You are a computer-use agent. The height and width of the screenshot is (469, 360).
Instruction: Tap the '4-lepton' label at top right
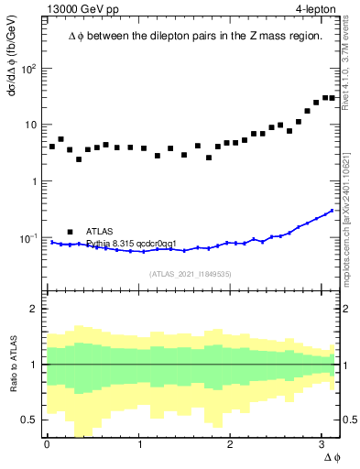coord(316,10)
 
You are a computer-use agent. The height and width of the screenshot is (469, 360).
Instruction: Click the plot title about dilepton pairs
coord(195,36)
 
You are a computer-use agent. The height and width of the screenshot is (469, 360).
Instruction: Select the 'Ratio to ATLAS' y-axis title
coord(13,365)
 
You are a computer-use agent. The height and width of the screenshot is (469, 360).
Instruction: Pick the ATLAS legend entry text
coord(102,232)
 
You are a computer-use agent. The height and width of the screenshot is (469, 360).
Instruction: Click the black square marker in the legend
coord(70,232)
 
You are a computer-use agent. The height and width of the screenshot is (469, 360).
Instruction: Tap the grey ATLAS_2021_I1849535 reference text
coord(191,273)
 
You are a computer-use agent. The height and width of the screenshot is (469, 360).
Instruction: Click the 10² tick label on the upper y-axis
coord(29,69)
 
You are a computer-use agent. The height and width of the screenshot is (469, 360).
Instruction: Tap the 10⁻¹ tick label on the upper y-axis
coord(29,238)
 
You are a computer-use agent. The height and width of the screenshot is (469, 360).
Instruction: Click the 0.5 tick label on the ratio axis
coord(29,420)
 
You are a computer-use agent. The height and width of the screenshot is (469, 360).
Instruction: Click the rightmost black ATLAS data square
coord(333,98)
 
